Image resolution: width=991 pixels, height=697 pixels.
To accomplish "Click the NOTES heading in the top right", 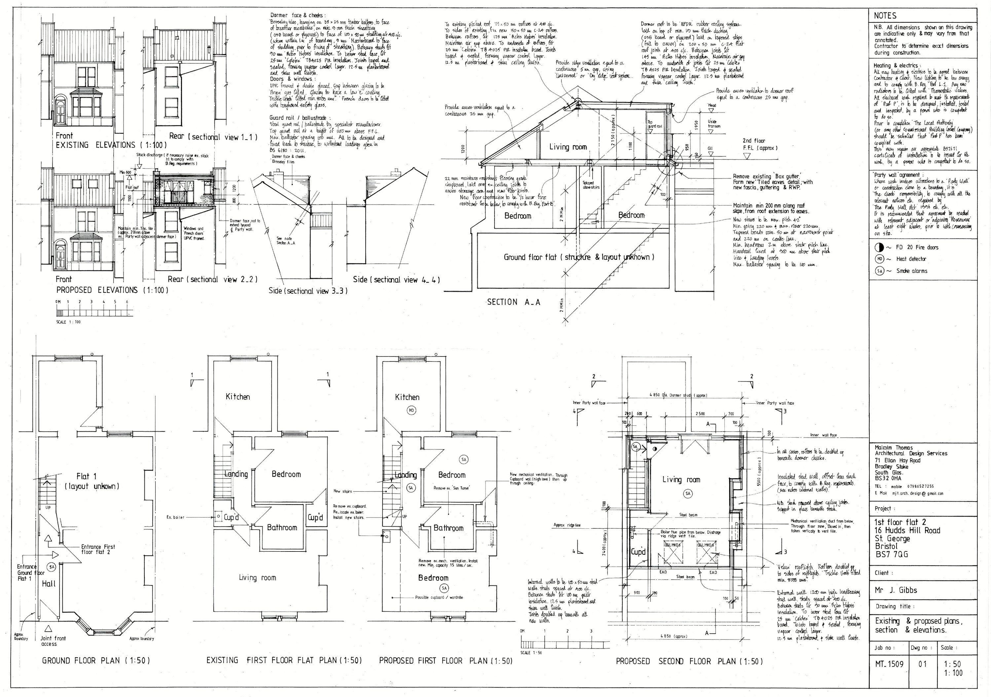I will (x=885, y=16).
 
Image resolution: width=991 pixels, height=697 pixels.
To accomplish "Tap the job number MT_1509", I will (x=889, y=664).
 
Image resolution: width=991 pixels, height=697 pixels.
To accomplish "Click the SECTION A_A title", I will (x=513, y=302).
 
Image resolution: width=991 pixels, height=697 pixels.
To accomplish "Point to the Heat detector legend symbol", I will (x=876, y=259).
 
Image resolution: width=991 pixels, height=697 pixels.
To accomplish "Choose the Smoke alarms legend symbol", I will (x=876, y=271).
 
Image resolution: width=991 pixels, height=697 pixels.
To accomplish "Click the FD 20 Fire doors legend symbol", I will (x=876, y=247).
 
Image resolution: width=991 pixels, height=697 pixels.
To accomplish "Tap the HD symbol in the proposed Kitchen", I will (x=411, y=410).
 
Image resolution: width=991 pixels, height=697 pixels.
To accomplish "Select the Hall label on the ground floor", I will (x=49, y=583).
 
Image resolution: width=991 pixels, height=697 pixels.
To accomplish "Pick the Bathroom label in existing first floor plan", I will (x=282, y=527).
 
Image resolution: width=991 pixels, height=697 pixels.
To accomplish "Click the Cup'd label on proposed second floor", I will (x=638, y=552).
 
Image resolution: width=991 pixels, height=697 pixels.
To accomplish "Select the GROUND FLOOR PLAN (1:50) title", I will (x=96, y=660).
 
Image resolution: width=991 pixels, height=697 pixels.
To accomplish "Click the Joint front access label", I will (x=53, y=641).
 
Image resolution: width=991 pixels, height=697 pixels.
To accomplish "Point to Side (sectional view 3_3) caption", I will (x=308, y=291).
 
